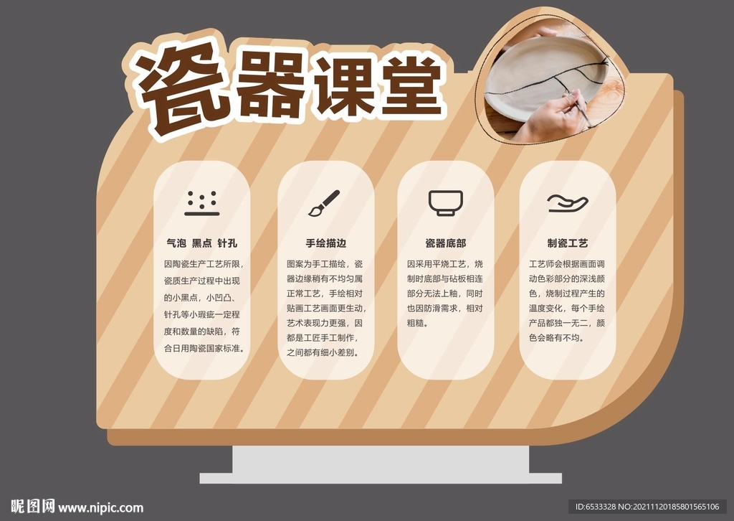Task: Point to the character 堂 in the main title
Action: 412,85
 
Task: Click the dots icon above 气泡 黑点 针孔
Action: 201,203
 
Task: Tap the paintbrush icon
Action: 324,203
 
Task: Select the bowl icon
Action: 446,203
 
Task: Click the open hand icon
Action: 568,203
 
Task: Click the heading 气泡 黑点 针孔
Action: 201,243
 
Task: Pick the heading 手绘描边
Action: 326,243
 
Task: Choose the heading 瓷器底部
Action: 446,243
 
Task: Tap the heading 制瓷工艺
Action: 568,243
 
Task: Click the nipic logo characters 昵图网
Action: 33,507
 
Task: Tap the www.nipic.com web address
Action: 100,508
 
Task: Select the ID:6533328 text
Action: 596,507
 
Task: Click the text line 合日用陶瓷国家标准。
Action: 204,348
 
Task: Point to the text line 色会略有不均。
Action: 556,338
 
